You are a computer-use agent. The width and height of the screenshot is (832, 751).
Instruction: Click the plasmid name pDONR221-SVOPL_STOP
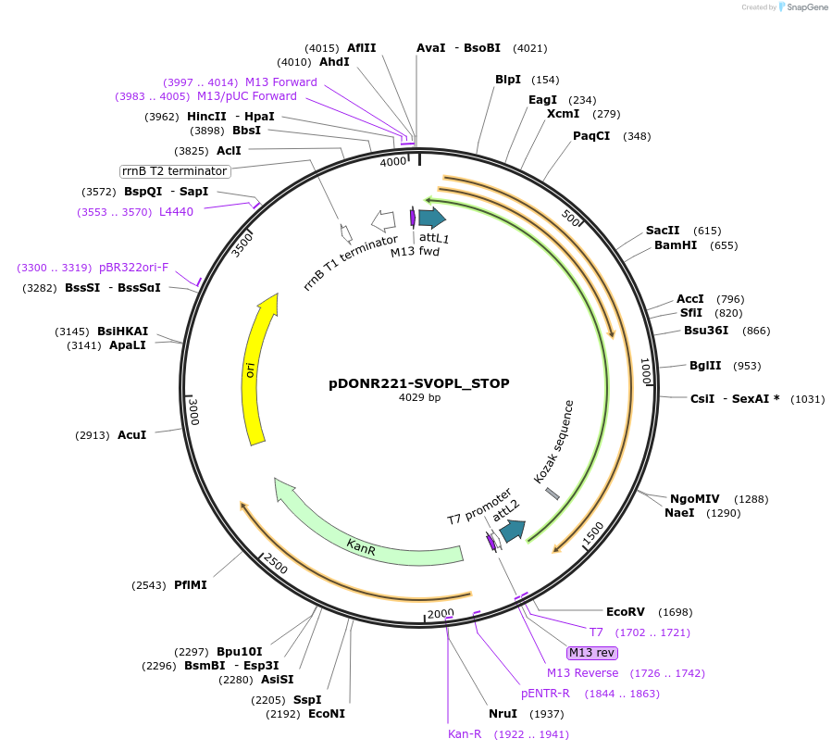pos(419,382)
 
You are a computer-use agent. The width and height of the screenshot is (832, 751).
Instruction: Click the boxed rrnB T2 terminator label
pos(175,171)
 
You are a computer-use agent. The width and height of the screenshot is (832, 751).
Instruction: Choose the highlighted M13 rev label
pos(591,653)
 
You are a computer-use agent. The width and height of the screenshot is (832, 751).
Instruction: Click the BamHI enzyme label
pos(676,245)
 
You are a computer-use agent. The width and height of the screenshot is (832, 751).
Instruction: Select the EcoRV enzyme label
pos(626,612)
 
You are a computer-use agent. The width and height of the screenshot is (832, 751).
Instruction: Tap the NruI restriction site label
pos(503,714)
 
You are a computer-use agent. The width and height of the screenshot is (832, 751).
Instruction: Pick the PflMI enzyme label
pos(191,585)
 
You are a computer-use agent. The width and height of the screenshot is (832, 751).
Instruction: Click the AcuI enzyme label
pos(131,434)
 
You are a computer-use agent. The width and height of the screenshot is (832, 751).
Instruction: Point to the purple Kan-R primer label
pos(465,734)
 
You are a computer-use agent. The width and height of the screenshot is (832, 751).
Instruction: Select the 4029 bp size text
pos(419,397)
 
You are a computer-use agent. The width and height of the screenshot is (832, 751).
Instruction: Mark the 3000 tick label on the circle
pos(193,411)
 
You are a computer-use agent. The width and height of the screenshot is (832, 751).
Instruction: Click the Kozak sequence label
pos(554,442)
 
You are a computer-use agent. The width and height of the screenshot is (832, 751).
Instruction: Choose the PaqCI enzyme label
pos(591,136)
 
